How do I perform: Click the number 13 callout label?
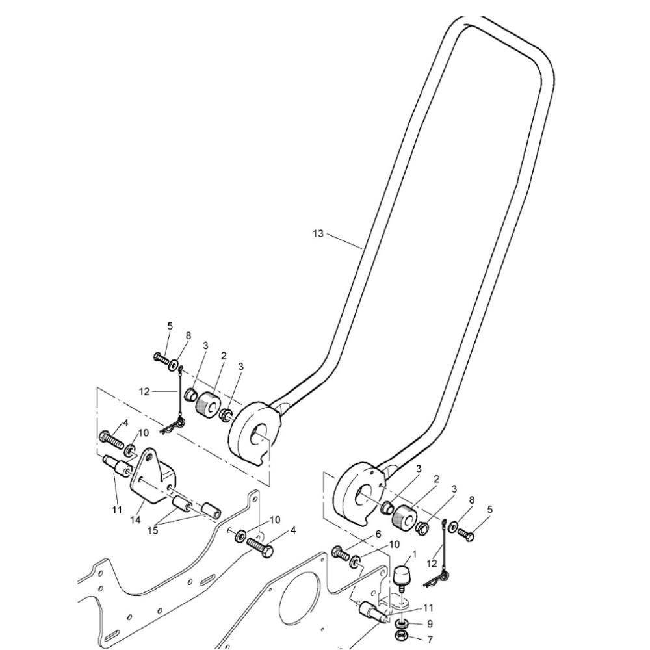point(318,234)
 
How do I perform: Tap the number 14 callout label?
point(136,520)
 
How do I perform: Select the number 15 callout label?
point(153,530)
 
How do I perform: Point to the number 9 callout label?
point(430,623)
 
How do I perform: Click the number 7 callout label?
point(430,640)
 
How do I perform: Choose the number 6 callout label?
point(378,534)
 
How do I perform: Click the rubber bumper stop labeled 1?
point(402,577)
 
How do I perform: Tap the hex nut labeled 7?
point(402,636)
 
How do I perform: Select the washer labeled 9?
point(402,623)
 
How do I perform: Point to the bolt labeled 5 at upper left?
point(161,357)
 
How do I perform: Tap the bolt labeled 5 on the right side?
point(466,535)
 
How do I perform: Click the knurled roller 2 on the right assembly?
point(404,519)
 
